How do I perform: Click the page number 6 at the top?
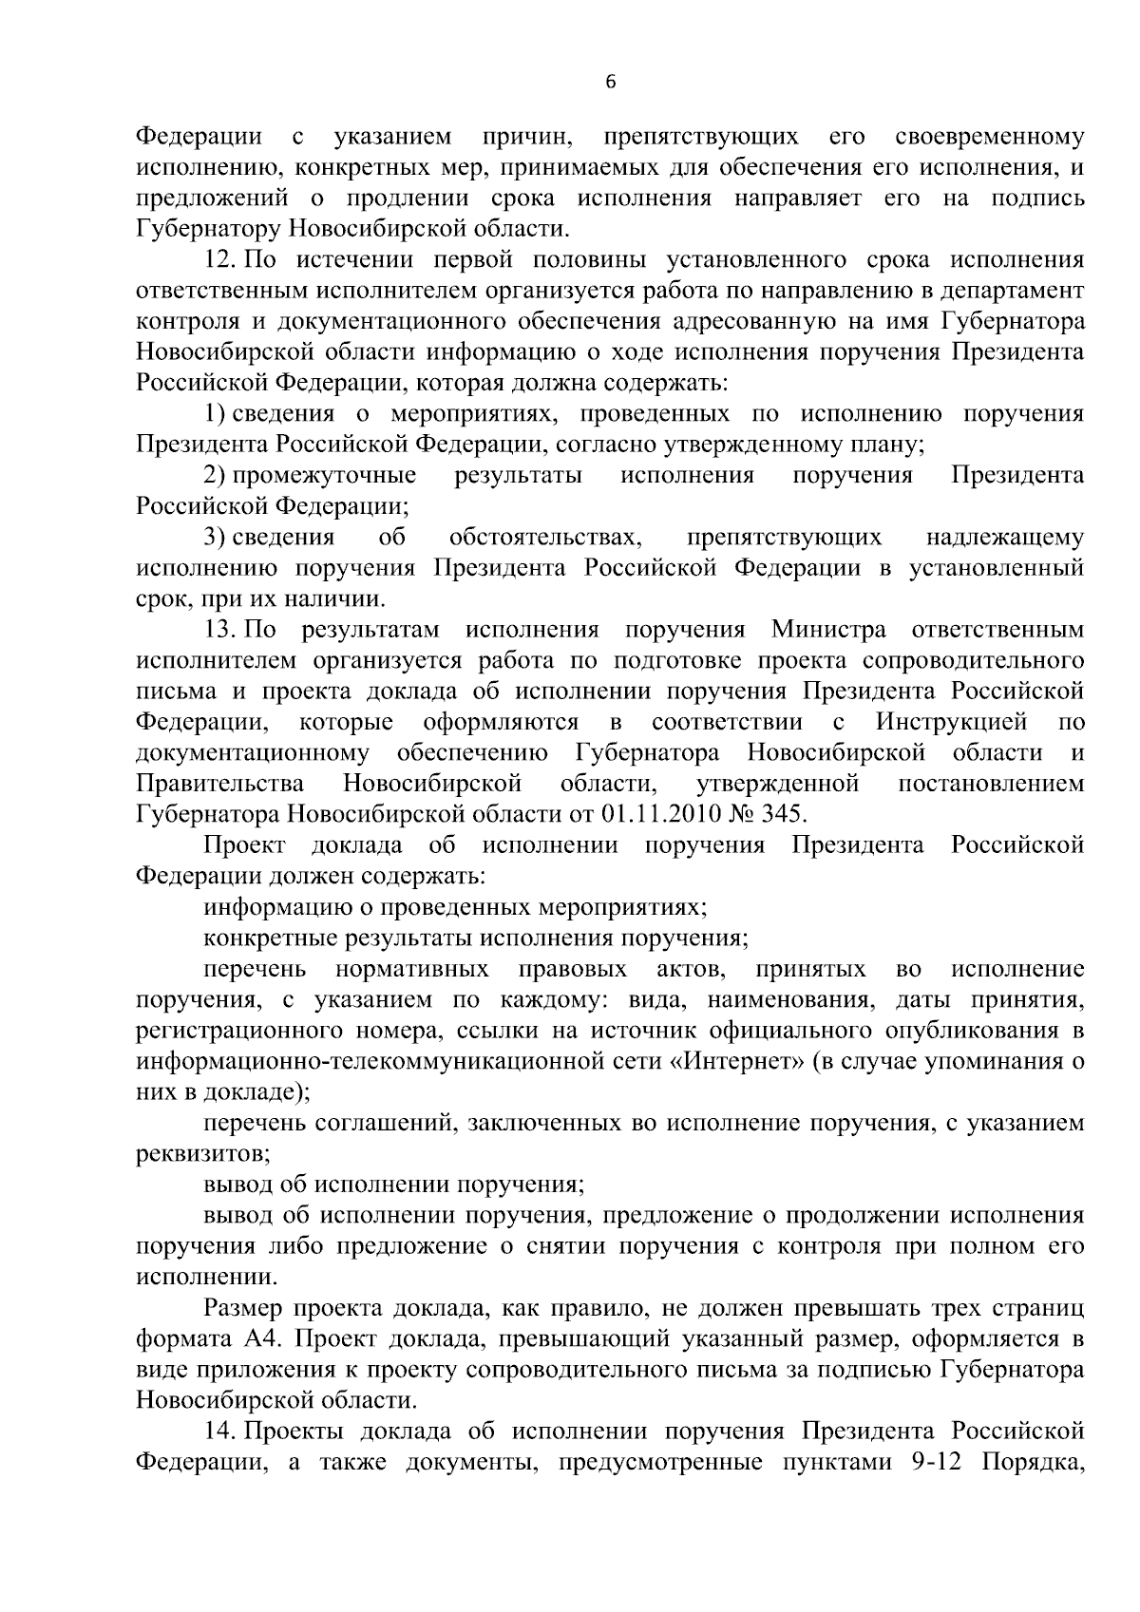coord(610,83)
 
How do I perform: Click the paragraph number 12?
coord(221,260)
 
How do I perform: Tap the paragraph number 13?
coord(221,630)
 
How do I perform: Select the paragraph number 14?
coord(221,1432)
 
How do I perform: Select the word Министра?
coord(829,630)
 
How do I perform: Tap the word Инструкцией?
coord(952,722)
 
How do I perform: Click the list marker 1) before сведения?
coord(214,414)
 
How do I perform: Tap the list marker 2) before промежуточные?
coord(214,476)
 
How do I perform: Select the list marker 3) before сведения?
coord(214,538)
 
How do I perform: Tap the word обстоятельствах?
coord(547,538)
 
